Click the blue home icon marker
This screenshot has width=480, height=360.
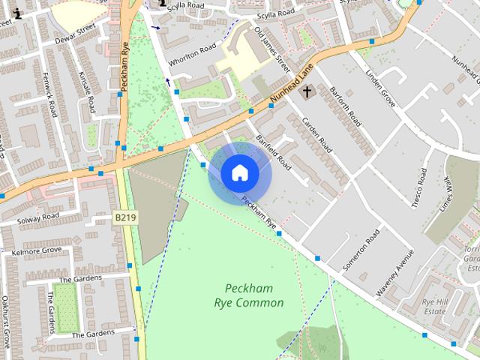pos(240,173)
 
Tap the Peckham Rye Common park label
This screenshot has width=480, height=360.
pos(249,295)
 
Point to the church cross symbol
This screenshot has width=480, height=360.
pos(306,92)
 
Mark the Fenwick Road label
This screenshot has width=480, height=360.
pos(52,94)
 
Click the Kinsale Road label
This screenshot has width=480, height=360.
pos(86,92)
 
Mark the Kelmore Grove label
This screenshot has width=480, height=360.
pos(37,250)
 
